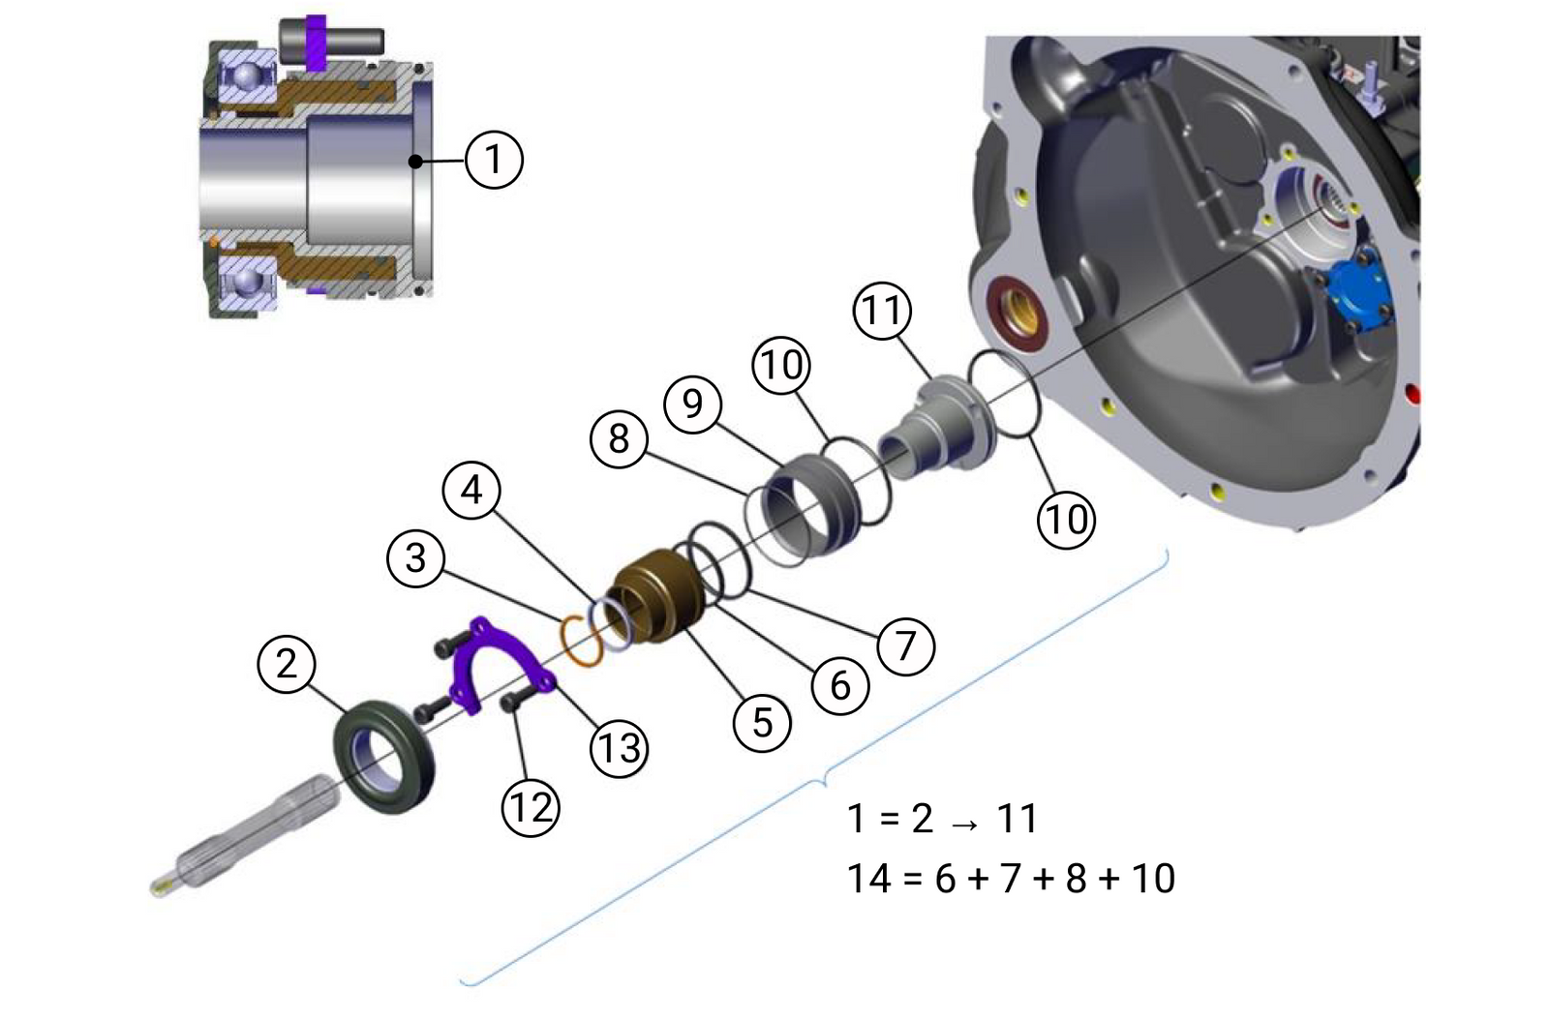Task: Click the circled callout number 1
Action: click(x=494, y=159)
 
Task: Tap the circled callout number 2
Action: click(x=286, y=664)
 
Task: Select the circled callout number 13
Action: click(x=620, y=747)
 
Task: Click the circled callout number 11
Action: click(x=882, y=311)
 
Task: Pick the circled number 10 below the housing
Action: click(x=1066, y=520)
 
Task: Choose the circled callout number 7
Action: click(x=906, y=645)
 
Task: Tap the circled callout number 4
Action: click(x=471, y=491)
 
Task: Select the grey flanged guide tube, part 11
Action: click(x=937, y=428)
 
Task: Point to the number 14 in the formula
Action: click(x=868, y=879)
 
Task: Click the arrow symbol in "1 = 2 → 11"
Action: click(x=964, y=823)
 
